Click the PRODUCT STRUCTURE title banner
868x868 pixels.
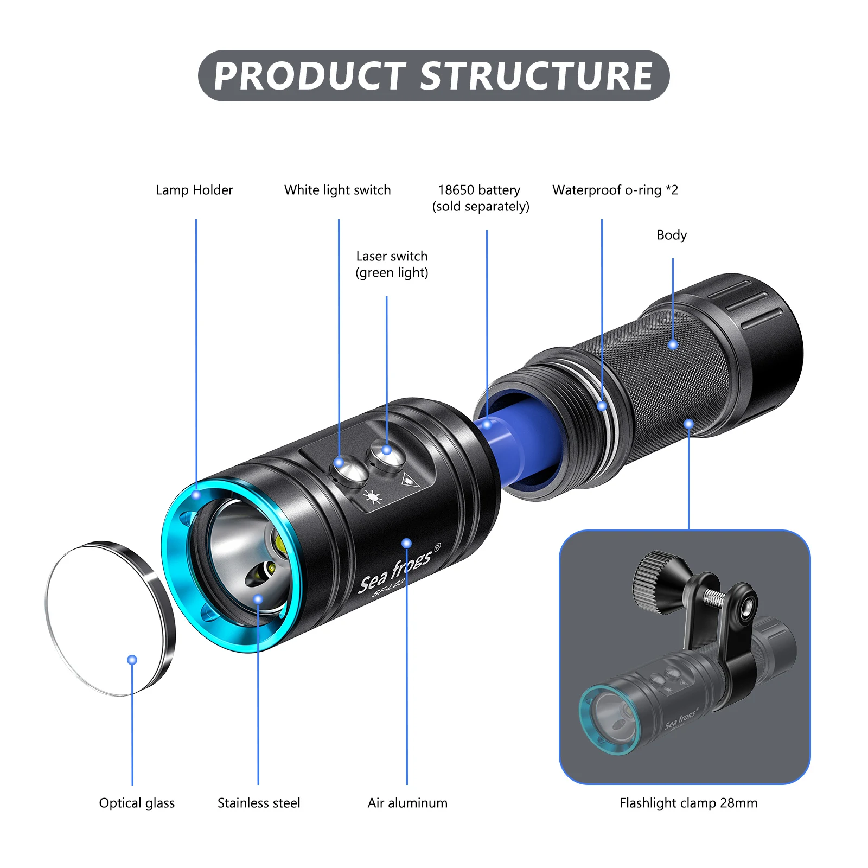pyautogui.click(x=433, y=75)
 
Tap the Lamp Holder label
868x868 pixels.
pyautogui.click(x=194, y=190)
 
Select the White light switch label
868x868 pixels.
pyautogui.click(x=337, y=190)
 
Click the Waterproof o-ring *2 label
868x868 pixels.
pyautogui.click(x=615, y=190)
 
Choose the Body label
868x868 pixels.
pyautogui.click(x=672, y=235)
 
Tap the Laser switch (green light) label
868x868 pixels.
pyautogui.click(x=392, y=264)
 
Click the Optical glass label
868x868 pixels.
pyautogui.click(x=137, y=803)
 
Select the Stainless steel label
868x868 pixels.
pyautogui.click(x=259, y=803)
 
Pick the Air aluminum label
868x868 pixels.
pyautogui.click(x=407, y=803)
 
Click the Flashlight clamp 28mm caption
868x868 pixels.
pyautogui.click(x=688, y=803)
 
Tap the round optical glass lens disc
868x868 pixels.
pyautogui.click(x=108, y=618)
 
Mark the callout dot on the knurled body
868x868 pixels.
pyautogui.click(x=673, y=345)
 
